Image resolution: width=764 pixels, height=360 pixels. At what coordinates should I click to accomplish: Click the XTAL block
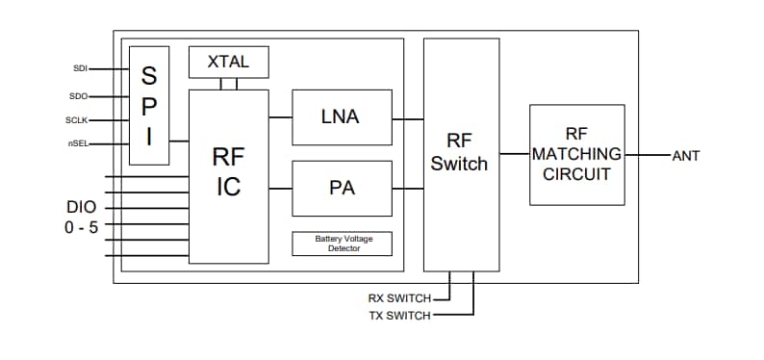click(x=228, y=62)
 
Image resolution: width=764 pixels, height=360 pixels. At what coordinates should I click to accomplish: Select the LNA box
click(x=342, y=117)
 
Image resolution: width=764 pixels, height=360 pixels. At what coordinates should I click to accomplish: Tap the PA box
click(x=342, y=188)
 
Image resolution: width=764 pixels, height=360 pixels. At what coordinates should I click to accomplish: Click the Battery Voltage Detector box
click(x=342, y=244)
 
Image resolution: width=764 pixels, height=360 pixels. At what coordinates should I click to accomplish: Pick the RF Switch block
click(x=461, y=154)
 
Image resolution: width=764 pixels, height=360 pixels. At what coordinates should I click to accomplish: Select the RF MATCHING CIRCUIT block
click(x=576, y=154)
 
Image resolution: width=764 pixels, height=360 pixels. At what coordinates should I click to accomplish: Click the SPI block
click(x=149, y=106)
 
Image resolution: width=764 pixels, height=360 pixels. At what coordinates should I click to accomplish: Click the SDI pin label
click(x=80, y=68)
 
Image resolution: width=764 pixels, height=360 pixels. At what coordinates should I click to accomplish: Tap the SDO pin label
click(x=79, y=95)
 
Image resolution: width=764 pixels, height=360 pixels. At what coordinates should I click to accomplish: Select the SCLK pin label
click(x=77, y=120)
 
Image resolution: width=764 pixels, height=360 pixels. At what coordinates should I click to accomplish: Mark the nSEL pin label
click(x=78, y=145)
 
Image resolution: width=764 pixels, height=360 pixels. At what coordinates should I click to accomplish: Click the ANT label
click(x=686, y=155)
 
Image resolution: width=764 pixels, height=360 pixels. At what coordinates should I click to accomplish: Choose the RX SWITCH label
click(x=399, y=298)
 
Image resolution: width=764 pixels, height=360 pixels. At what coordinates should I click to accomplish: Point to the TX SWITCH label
click(x=399, y=315)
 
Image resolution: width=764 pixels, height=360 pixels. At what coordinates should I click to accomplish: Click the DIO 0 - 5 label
click(x=82, y=217)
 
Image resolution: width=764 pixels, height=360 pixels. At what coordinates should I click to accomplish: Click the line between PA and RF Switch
click(x=408, y=189)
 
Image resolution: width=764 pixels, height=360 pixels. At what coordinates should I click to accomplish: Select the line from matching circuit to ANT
click(x=647, y=154)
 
